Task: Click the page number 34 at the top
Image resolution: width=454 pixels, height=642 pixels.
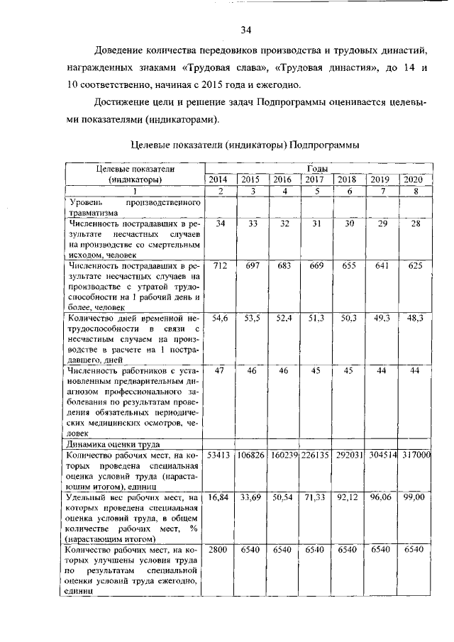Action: [246, 30]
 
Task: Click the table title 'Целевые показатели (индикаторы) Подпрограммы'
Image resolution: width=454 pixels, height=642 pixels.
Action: [245, 145]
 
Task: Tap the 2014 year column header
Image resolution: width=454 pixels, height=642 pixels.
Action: [220, 180]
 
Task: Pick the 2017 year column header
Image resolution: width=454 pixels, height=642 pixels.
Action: [315, 180]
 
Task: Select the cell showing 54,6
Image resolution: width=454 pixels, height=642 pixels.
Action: [220, 318]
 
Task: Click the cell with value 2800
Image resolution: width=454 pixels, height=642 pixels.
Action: [220, 550]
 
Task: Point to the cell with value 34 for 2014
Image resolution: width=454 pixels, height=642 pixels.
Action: [220, 223]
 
